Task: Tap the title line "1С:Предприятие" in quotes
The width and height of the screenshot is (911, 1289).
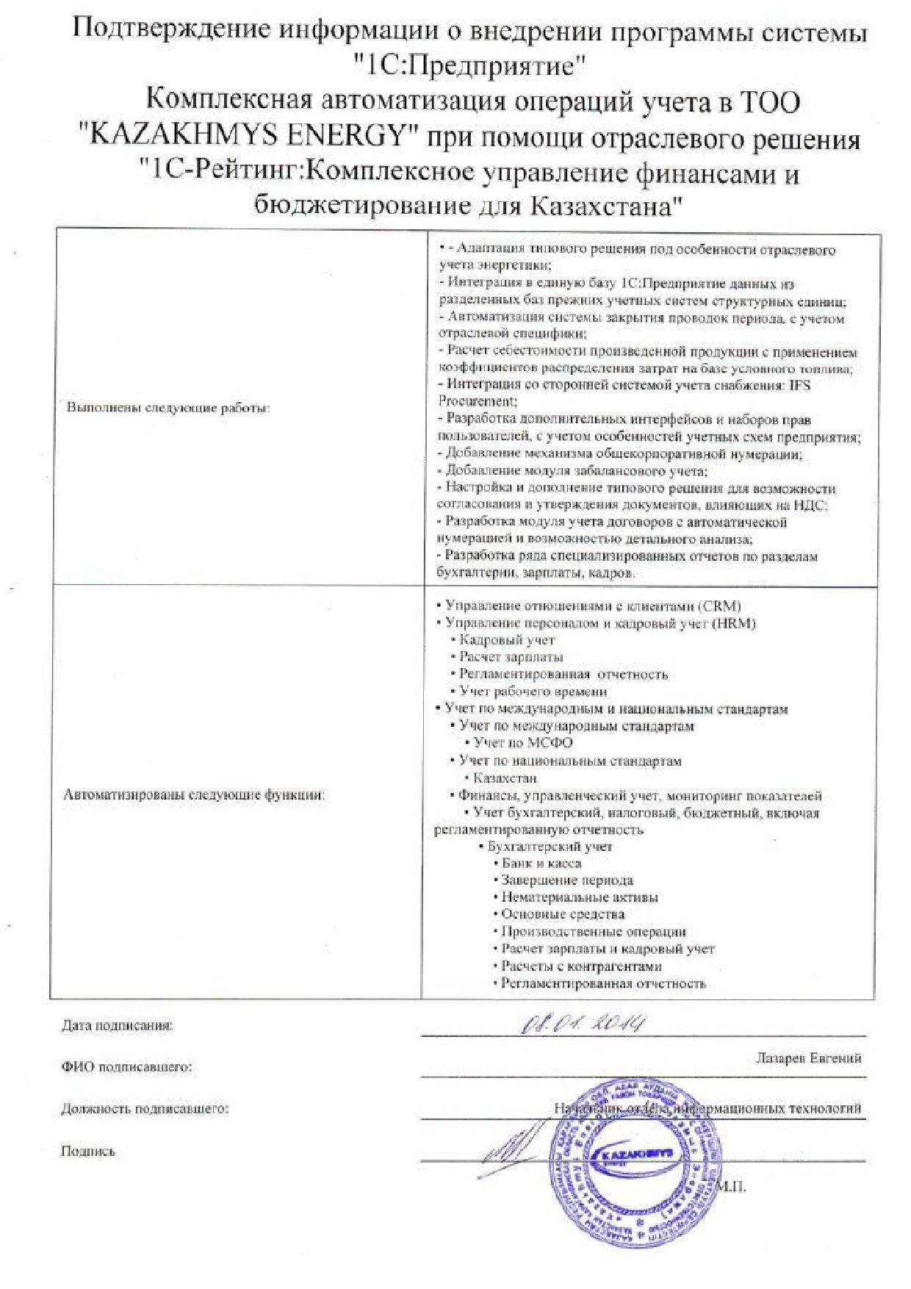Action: coord(469,68)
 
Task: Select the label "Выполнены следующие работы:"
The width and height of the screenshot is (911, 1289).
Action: coord(168,408)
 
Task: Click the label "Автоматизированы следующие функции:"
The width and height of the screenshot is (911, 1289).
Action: coord(194,794)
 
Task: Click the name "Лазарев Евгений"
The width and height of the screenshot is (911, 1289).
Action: coord(808,1058)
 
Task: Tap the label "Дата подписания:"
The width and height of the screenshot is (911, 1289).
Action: coord(118,1025)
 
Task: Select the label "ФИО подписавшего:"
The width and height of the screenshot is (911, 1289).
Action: coord(126,1066)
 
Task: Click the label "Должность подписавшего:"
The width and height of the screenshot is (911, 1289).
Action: coord(145,1108)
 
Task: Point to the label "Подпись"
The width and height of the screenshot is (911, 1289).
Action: coord(87,1152)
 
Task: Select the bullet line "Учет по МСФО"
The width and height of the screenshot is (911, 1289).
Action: coord(523,743)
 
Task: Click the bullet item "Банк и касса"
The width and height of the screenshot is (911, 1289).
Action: coord(541,863)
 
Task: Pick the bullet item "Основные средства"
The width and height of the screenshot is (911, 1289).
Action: coord(562,914)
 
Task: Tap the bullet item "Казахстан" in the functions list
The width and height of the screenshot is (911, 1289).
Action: coord(505,778)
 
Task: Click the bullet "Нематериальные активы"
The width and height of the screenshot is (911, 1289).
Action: coord(579,897)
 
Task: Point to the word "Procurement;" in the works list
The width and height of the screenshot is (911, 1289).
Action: coord(478,401)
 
